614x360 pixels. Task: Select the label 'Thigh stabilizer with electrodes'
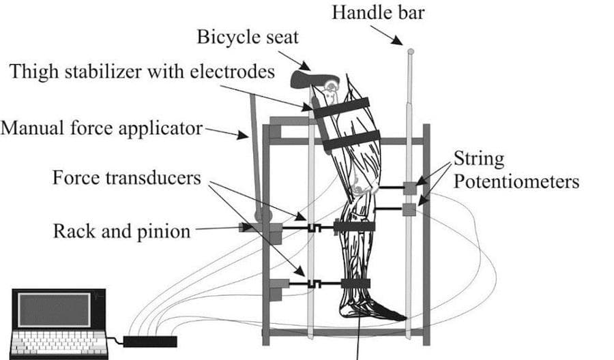tap(142, 72)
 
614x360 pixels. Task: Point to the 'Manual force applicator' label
tap(102, 127)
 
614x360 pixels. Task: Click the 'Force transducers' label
tap(127, 178)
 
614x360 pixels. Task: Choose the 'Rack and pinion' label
tap(122, 230)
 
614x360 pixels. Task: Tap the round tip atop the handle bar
tap(410, 50)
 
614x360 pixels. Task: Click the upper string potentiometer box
tap(410, 187)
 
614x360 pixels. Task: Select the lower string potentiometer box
tap(409, 209)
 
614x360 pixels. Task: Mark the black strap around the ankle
tap(355, 283)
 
